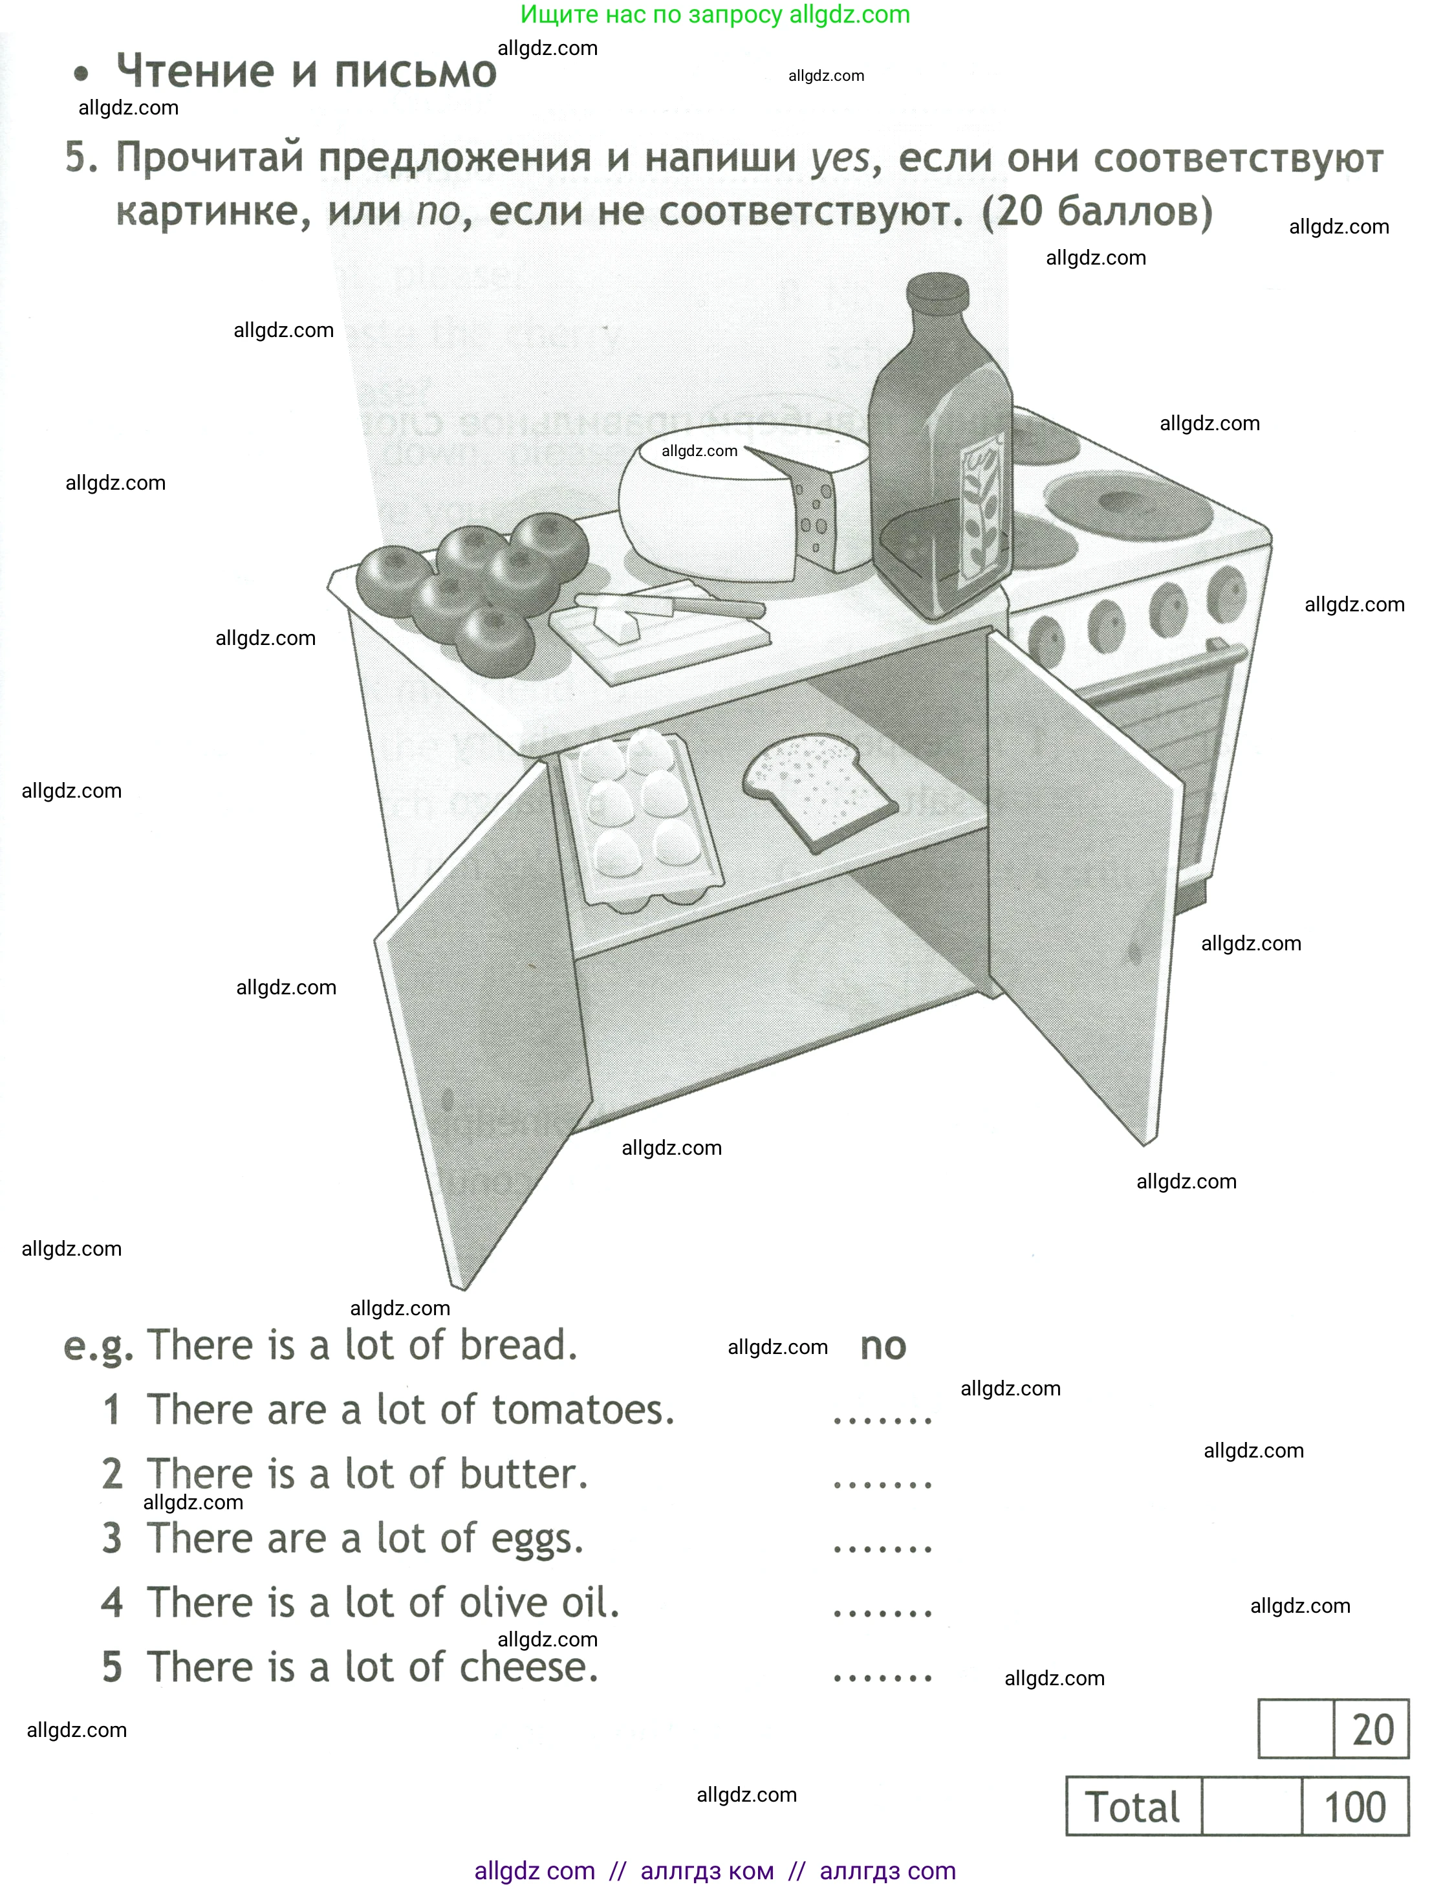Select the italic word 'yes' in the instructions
tap(840, 159)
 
